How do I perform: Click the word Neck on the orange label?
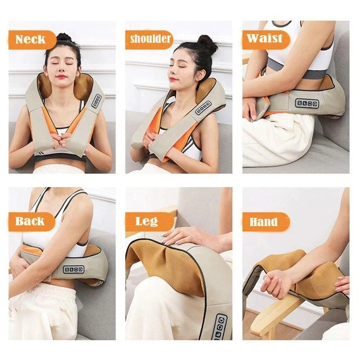pos(30,39)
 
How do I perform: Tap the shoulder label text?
pos(150,39)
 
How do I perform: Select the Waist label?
pos(265,38)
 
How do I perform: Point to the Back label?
pos(30,221)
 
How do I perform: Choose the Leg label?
pos(147,221)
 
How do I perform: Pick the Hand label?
pos(264,222)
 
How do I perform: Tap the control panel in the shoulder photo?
pos(203,108)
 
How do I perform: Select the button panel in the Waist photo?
pos(307,103)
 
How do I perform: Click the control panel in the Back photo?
pos(73,269)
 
